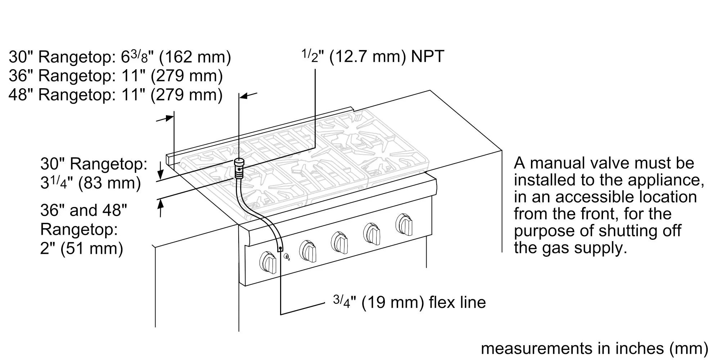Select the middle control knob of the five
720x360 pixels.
pos(339,242)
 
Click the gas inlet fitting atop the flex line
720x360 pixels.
pos(238,168)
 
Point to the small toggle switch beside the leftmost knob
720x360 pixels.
pos(287,257)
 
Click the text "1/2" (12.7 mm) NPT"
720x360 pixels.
pos(372,56)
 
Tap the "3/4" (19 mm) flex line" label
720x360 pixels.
pos(409,302)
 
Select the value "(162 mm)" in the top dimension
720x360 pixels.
pos(195,57)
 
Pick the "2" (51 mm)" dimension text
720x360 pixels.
pos(82,248)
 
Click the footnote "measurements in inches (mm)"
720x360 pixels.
pos(594,348)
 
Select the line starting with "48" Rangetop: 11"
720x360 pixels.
pos(116,95)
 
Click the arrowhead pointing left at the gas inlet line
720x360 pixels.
pos(243,96)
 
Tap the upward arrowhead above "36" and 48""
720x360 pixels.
pos(161,204)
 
